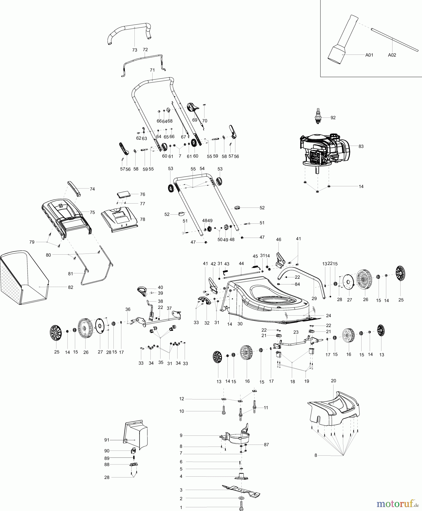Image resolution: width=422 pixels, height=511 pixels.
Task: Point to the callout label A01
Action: tap(369, 55)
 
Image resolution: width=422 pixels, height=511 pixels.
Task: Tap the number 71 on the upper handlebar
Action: tap(152, 70)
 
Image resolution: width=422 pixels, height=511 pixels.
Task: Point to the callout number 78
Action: tap(142, 219)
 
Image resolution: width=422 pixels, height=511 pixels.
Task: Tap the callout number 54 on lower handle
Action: tap(202, 168)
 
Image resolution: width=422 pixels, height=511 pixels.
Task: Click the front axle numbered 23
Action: tap(295, 343)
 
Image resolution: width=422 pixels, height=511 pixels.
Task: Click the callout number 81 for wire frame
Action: tap(70, 274)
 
